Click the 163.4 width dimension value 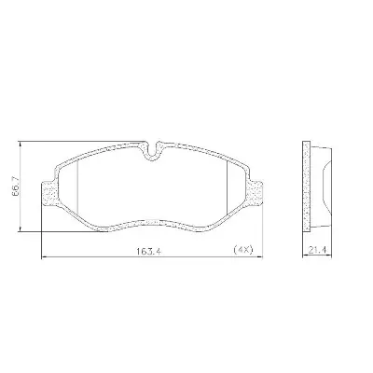(148, 251)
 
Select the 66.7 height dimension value (16, 186)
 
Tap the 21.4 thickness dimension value (317, 250)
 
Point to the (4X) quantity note (243, 250)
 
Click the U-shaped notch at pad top (152, 151)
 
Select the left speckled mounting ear (49, 193)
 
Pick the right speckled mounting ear (256, 193)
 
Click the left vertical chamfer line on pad (76, 187)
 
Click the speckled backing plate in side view (307, 186)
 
